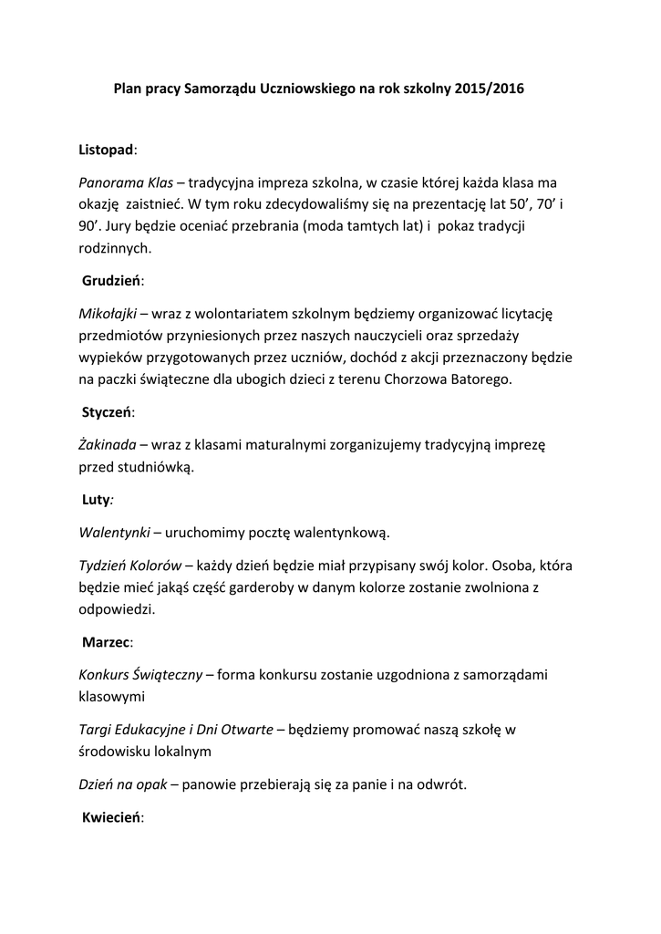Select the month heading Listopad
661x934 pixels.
(106, 148)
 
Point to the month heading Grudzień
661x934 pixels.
(112, 281)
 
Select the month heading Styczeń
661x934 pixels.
(108, 412)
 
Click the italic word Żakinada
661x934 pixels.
(108, 445)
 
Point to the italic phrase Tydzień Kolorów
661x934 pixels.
(130, 565)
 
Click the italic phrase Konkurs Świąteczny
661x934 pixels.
(141, 674)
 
